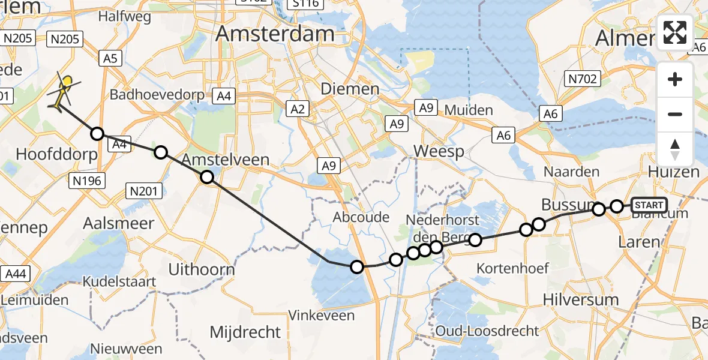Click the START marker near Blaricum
pyautogui.click(x=649, y=205)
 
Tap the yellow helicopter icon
pyautogui.click(x=62, y=93)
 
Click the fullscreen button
pyautogui.click(x=675, y=32)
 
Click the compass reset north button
pyautogui.click(x=675, y=149)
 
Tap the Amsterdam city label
pyautogui.click(x=274, y=34)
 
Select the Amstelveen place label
pyautogui.click(x=225, y=159)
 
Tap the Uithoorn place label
pyautogui.click(x=201, y=269)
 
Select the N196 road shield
pyautogui.click(x=88, y=180)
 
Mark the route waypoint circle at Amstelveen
pyautogui.click(x=206, y=177)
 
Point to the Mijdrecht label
pyautogui.click(x=245, y=331)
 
